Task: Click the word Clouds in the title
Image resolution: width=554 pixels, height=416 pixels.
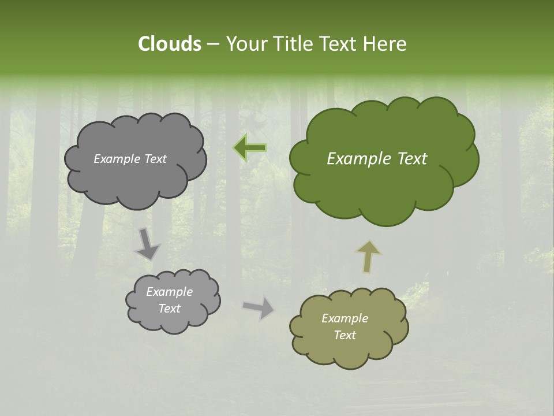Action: click(169, 44)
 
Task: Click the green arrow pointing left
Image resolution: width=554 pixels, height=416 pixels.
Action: click(250, 148)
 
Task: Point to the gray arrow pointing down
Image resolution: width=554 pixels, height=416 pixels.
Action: click(147, 243)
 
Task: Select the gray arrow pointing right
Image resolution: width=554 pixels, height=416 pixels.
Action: click(259, 307)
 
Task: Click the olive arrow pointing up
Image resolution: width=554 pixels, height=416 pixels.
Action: click(368, 256)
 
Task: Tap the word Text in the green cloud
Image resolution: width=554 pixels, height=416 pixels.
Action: click(411, 159)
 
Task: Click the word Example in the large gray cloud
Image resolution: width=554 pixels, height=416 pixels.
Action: click(117, 159)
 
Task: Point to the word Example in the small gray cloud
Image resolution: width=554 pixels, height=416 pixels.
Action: click(169, 292)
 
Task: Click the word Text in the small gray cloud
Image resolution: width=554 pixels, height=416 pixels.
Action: click(169, 309)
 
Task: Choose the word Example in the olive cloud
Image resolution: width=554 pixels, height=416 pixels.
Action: click(345, 318)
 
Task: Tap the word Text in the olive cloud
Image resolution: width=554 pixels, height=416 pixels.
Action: click(345, 335)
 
